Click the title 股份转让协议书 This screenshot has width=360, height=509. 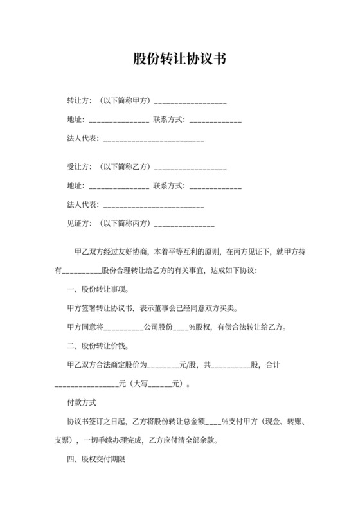(x=179, y=59)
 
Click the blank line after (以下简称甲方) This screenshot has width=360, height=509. (x=190, y=102)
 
